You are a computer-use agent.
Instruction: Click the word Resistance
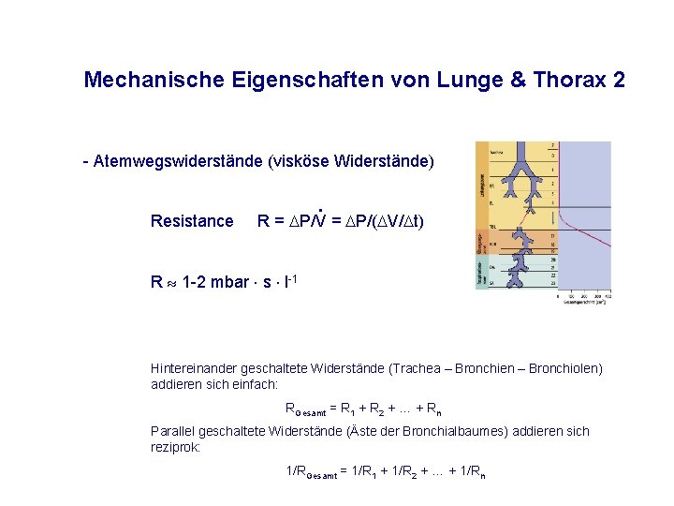(192, 221)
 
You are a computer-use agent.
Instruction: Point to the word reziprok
(173, 447)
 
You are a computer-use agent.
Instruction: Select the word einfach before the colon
(255, 384)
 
